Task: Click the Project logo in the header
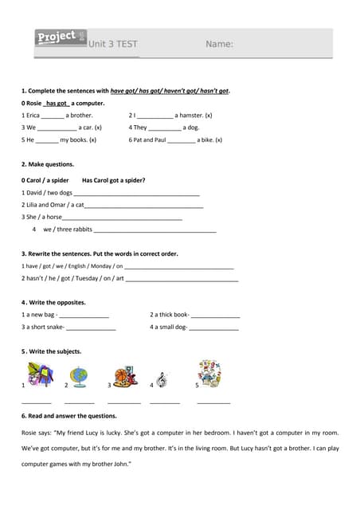[x=61, y=37]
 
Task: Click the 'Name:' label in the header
[x=219, y=44]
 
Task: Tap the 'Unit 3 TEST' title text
[x=113, y=44]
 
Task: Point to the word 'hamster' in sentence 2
[x=190, y=116]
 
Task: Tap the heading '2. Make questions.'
[x=48, y=164]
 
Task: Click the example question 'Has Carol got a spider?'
[x=114, y=180]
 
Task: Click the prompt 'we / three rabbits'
[x=68, y=229]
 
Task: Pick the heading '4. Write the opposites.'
[x=53, y=303]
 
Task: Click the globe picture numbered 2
[x=79, y=376]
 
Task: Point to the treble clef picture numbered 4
[x=162, y=381]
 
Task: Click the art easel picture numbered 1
[x=40, y=375]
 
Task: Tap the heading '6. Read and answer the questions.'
[x=69, y=416]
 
